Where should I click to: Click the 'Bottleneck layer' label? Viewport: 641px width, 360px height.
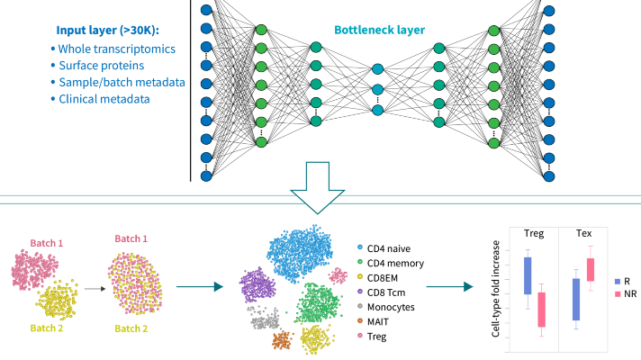[392, 29]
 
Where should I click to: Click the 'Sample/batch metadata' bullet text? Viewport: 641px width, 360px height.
[122, 83]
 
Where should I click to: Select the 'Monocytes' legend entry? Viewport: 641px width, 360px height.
[390, 305]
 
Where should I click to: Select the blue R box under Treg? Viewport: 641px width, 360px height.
[527, 275]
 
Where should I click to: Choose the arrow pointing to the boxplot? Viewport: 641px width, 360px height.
[448, 287]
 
